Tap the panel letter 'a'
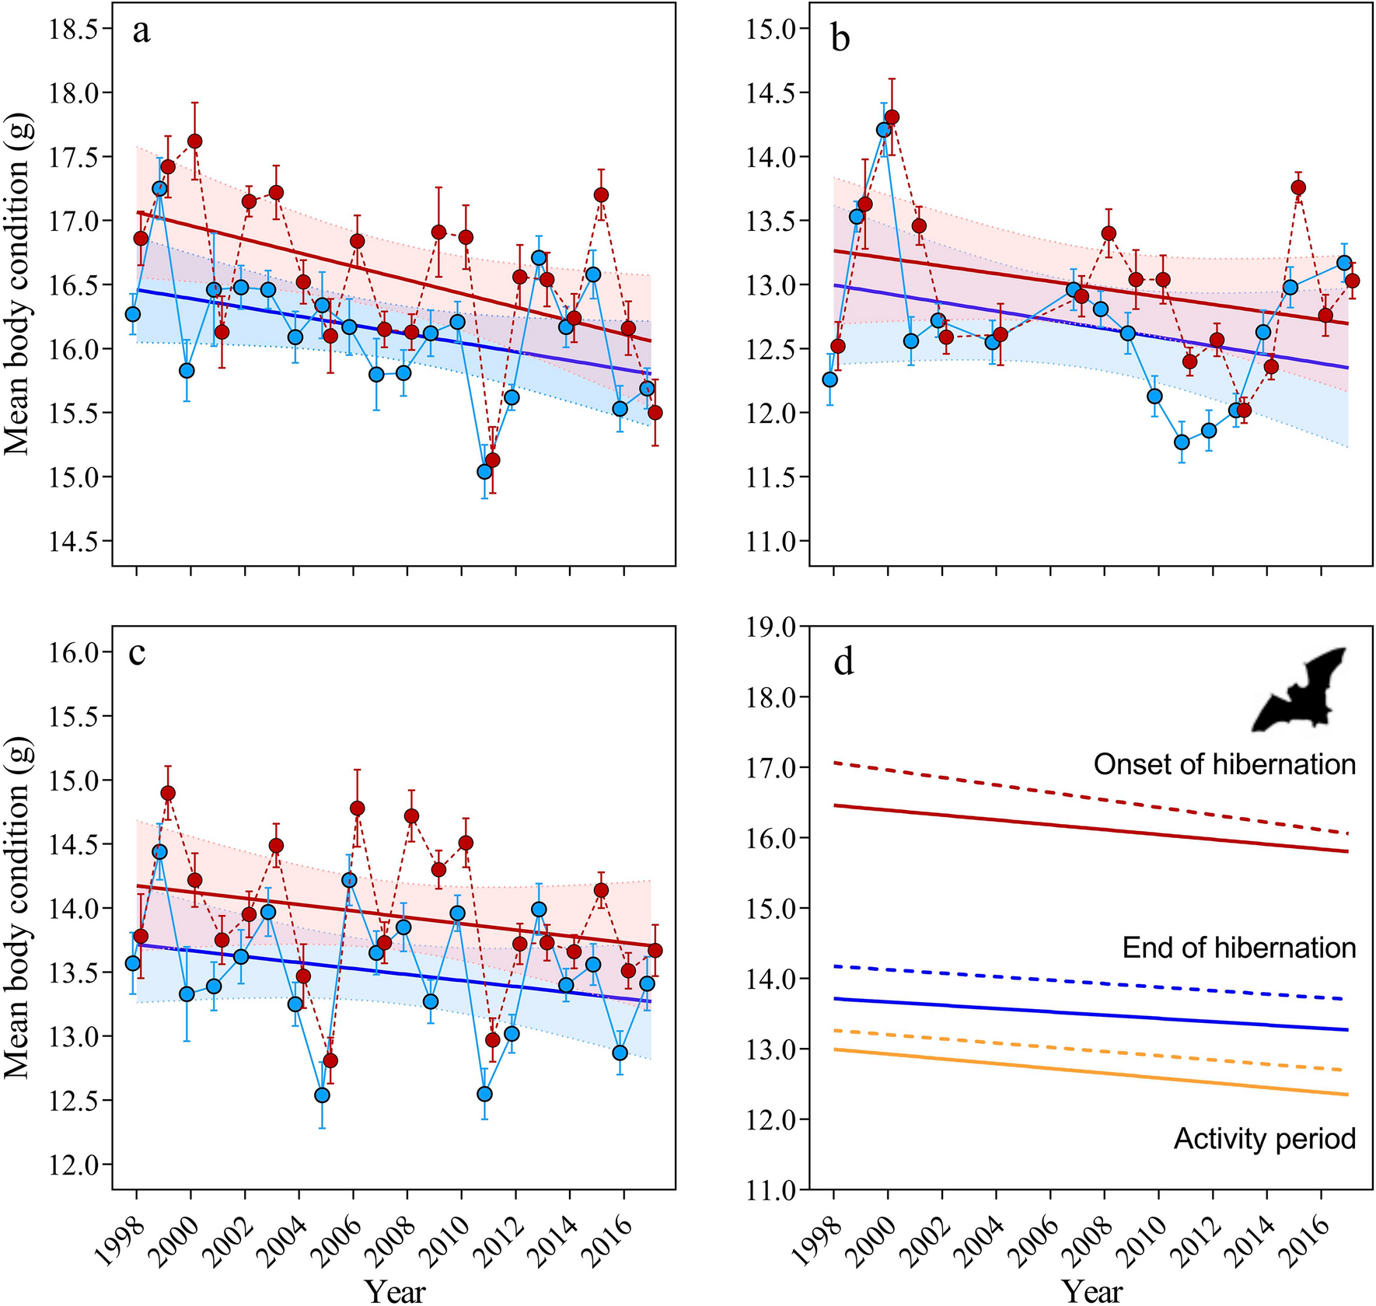click(x=141, y=33)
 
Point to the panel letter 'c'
click(x=138, y=653)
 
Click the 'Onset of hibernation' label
click(x=1224, y=765)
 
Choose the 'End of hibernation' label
click(x=1238, y=948)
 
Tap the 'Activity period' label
click(x=1264, y=1139)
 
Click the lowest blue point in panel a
click(x=484, y=471)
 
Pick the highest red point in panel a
click(x=194, y=141)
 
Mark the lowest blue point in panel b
click(x=1182, y=442)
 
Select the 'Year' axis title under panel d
click(x=1091, y=1292)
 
